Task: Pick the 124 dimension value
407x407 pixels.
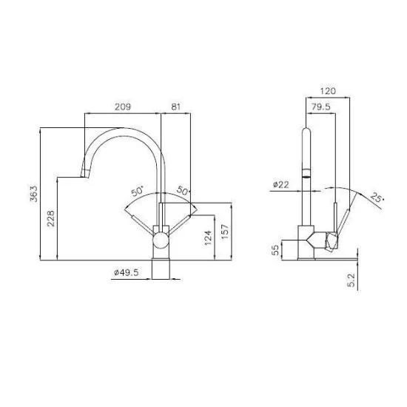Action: click(x=209, y=237)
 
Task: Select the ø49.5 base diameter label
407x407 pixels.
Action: click(x=127, y=273)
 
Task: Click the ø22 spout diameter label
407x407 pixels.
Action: click(x=280, y=184)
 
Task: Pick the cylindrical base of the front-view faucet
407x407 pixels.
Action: click(x=161, y=269)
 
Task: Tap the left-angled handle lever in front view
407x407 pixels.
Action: click(x=144, y=224)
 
